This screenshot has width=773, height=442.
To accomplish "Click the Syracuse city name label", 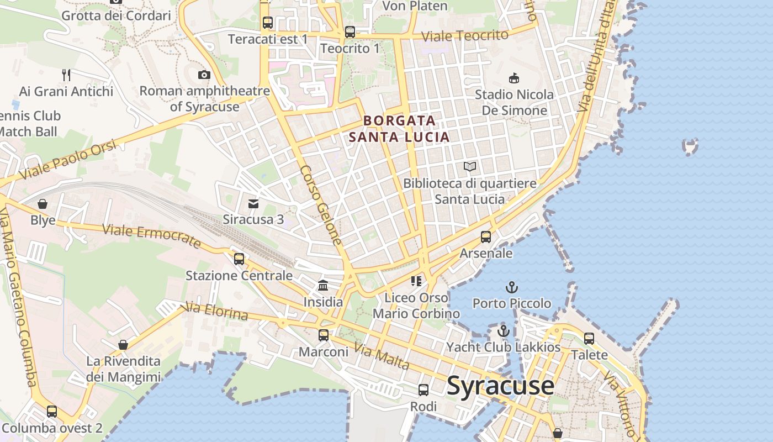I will pyautogui.click(x=500, y=385).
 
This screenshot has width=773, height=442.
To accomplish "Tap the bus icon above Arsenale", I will pyautogui.click(x=486, y=237).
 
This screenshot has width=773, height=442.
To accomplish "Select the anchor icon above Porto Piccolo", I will pyautogui.click(x=512, y=287).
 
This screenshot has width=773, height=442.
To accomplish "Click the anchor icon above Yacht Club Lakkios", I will pyautogui.click(x=503, y=331).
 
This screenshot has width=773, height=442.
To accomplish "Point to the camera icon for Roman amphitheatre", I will pyautogui.click(x=204, y=75).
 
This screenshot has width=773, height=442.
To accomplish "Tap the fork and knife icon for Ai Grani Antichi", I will pyautogui.click(x=66, y=75).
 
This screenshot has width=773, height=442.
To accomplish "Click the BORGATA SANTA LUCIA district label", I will pyautogui.click(x=400, y=128).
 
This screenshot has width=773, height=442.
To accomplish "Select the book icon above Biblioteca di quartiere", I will pyautogui.click(x=470, y=166).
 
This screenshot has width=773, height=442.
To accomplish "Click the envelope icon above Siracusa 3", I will pyautogui.click(x=253, y=204).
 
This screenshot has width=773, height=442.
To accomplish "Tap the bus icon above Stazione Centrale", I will pyautogui.click(x=239, y=259).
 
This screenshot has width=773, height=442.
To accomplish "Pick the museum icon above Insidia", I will pyautogui.click(x=323, y=286).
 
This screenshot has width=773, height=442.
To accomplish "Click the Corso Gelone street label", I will pyautogui.click(x=321, y=205).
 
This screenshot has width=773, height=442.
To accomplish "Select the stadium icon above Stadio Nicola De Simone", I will pyautogui.click(x=514, y=78).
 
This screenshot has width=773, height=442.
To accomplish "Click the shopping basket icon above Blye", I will pyautogui.click(x=43, y=204).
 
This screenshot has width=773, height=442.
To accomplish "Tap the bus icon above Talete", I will pyautogui.click(x=589, y=338).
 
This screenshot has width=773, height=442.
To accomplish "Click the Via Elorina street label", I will pyautogui.click(x=216, y=311).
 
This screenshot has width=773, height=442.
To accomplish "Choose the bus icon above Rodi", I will pyautogui.click(x=423, y=390).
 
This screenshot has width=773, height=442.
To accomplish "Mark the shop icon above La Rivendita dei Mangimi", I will pyautogui.click(x=123, y=345).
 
